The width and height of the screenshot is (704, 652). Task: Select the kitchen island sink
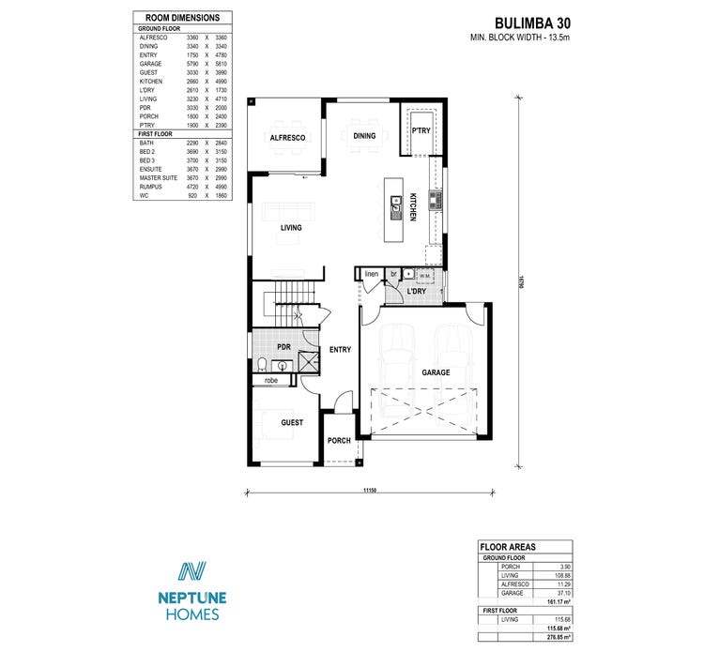[397, 200]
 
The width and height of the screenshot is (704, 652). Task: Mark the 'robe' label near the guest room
[271, 381]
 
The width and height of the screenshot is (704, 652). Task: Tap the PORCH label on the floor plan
[339, 440]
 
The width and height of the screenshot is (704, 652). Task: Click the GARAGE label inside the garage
[436, 372]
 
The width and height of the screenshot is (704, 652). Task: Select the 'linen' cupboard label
[371, 274]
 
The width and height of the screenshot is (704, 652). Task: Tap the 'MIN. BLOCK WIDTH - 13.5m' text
[519, 38]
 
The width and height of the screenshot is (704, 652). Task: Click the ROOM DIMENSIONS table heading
[183, 18]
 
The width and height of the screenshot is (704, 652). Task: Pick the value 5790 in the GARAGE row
[192, 64]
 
